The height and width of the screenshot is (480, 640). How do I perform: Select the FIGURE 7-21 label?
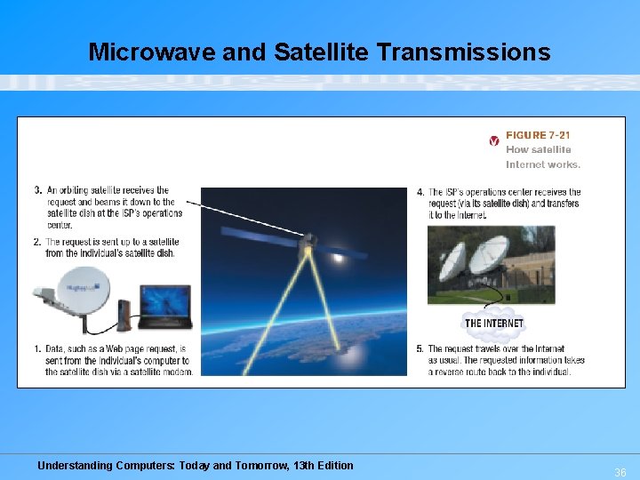coord(538,135)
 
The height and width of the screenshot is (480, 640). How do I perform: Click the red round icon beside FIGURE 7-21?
coord(494,140)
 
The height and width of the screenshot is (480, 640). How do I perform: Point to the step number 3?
coord(38,190)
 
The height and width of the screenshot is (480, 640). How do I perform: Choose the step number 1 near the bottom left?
coord(38,349)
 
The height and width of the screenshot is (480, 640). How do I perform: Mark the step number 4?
coord(420,192)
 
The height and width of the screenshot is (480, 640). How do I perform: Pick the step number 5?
coord(420,349)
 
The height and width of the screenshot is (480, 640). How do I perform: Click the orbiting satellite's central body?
coord(308,242)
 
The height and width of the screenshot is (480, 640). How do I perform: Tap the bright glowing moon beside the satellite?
coord(339,258)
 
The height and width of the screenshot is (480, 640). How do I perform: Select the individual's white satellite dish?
coord(82,285)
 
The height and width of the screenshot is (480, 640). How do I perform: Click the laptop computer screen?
coord(166,302)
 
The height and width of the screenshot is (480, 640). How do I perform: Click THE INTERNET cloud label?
coord(494,323)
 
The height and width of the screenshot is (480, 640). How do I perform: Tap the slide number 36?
coord(620,473)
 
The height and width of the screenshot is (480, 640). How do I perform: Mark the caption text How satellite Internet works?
coord(542,157)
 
